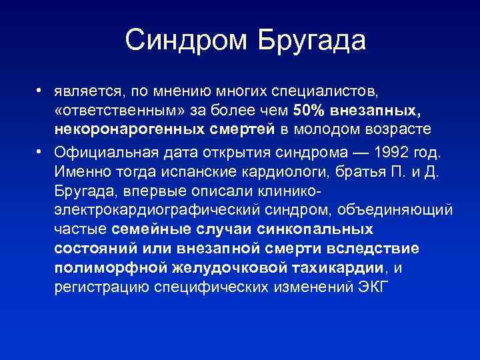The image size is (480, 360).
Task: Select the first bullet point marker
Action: [41, 89]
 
